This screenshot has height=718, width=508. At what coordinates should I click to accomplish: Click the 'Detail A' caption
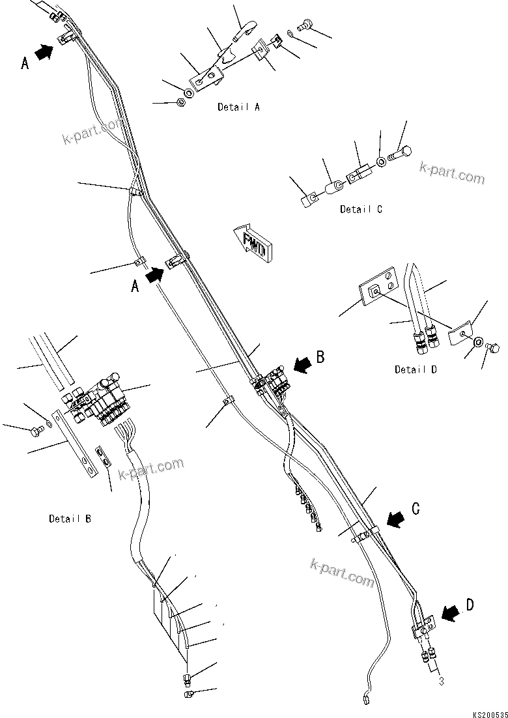[238, 107]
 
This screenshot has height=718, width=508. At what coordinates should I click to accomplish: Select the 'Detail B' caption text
[70, 519]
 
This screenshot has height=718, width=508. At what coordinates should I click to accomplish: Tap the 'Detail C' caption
[361, 209]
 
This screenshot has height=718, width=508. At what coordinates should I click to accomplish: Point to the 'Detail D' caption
[416, 369]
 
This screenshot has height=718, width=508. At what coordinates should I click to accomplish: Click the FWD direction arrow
[255, 242]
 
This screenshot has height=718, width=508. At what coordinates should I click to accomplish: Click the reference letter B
[320, 356]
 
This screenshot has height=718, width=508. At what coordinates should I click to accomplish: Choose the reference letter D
[470, 605]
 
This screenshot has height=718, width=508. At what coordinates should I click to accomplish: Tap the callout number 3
[441, 682]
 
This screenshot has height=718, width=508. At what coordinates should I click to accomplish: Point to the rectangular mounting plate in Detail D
[378, 291]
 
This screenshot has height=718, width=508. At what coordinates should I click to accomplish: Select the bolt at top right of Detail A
[303, 26]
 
